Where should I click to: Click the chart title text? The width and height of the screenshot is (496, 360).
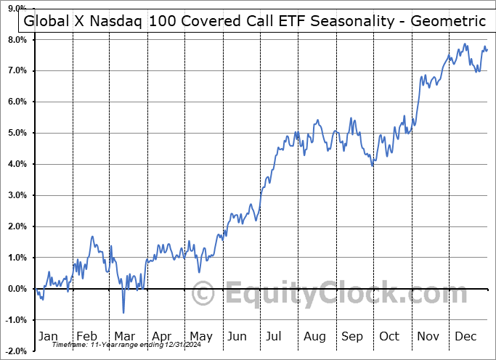255,21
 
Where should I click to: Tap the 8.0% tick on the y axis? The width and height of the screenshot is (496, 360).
17,39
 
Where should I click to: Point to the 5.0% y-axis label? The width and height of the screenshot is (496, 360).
17,133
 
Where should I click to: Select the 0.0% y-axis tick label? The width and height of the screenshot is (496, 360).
17,289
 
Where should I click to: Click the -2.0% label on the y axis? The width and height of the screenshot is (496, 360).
16,351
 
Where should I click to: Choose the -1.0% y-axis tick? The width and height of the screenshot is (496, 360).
16,320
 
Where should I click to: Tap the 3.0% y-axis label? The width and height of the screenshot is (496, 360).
17,195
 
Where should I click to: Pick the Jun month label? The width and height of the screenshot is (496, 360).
237,336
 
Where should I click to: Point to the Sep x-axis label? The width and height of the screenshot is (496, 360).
353,336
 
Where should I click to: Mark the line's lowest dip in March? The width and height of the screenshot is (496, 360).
123,313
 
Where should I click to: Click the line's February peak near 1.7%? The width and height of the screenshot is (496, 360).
92,237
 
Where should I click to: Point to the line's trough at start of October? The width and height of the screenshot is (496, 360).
373,166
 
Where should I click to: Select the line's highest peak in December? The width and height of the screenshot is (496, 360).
465,44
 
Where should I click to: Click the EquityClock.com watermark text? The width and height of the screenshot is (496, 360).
330,295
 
